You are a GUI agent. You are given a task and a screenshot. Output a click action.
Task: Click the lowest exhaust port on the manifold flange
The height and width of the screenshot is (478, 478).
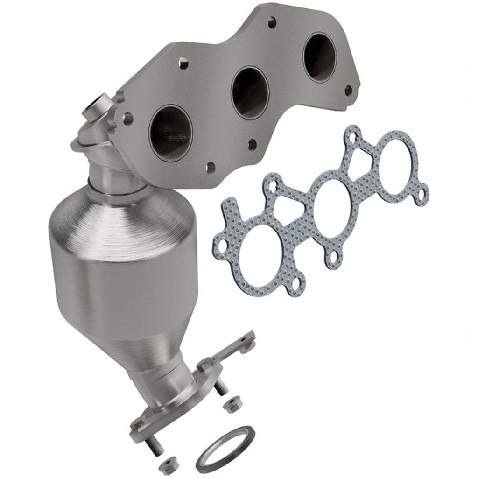coord(171,133)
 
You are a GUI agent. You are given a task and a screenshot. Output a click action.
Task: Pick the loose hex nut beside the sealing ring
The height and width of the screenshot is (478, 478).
coord(166,464)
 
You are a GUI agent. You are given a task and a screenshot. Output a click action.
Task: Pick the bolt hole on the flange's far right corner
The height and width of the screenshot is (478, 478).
coord(348,89)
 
